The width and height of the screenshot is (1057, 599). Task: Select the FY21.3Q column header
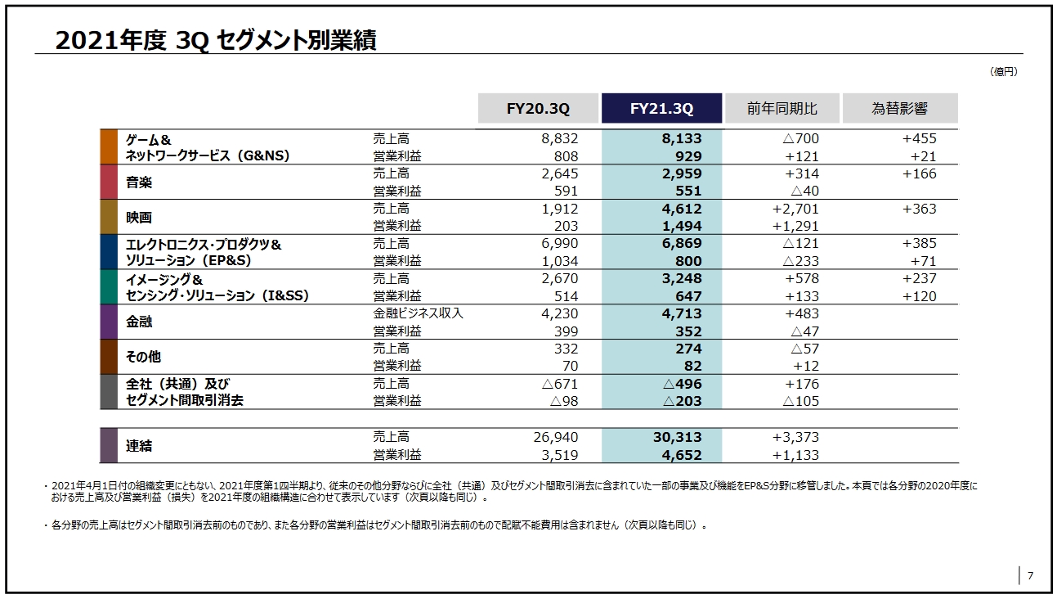(661, 109)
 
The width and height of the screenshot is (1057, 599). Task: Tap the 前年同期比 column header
(782, 109)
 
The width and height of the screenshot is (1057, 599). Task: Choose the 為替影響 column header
(899, 109)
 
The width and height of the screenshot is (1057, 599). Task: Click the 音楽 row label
(139, 182)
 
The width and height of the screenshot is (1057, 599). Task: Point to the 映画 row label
(139, 218)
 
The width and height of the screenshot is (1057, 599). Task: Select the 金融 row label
(139, 322)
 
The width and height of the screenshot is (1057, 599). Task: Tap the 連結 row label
(139, 446)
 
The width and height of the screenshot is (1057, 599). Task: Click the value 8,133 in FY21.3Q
(682, 139)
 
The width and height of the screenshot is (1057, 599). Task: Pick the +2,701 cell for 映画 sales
(795, 209)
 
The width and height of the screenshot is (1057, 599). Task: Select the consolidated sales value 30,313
(677, 438)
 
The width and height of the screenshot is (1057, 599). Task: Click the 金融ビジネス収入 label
(418, 313)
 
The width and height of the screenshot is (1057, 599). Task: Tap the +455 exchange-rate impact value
(920, 139)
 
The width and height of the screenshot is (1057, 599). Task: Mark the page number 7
(1030, 575)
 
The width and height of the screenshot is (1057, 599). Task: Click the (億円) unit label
(1004, 72)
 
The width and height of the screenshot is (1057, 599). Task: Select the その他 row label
(143, 357)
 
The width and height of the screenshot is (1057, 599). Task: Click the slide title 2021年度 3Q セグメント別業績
(216, 41)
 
